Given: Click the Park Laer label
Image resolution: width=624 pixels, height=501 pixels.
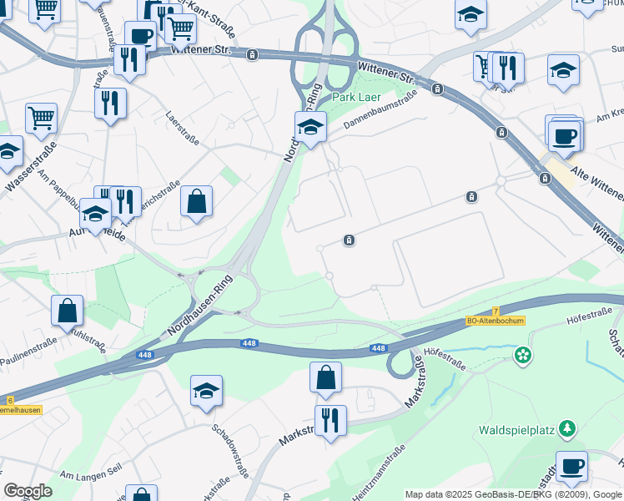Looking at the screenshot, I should [357, 97].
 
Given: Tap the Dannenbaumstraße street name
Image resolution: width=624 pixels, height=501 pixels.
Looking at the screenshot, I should [380, 113].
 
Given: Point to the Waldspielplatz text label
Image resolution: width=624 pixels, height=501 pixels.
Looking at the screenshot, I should [517, 432].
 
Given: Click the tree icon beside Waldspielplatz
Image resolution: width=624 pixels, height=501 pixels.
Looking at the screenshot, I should [567, 428].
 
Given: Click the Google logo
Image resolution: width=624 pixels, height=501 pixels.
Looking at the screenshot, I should [28, 491].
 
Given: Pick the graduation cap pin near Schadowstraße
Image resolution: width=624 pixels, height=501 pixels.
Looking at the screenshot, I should [206, 391].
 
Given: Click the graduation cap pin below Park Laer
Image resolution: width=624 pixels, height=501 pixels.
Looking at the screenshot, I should [310, 128].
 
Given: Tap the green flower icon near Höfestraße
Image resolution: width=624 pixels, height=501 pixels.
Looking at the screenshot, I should [522, 356].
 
